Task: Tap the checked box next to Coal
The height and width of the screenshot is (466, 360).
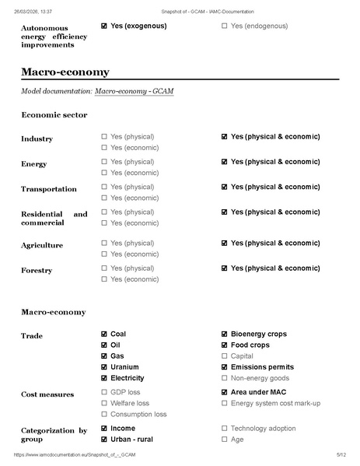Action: click(x=104, y=335)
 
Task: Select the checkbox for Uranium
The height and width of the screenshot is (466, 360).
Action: click(x=104, y=367)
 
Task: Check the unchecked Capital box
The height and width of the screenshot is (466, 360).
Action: click(x=225, y=356)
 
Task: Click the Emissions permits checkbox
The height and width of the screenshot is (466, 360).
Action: click(x=225, y=367)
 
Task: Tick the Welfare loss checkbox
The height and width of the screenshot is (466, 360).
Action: click(x=104, y=404)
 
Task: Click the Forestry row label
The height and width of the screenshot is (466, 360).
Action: click(x=37, y=271)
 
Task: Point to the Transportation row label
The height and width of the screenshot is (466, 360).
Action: click(x=48, y=189)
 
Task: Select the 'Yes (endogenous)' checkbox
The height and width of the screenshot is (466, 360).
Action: click(x=225, y=26)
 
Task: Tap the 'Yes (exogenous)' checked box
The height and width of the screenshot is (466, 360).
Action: click(x=104, y=26)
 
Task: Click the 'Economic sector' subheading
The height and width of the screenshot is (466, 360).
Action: click(x=54, y=115)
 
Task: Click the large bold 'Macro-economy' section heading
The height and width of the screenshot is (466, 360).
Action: click(x=65, y=72)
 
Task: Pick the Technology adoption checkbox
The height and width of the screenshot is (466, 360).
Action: click(x=225, y=429)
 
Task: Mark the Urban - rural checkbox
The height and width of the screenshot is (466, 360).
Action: click(x=104, y=440)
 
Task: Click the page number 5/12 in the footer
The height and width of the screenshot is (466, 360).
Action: click(x=341, y=454)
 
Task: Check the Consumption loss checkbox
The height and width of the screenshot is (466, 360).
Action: click(x=104, y=415)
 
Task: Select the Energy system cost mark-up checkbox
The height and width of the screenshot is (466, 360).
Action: click(x=225, y=404)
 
